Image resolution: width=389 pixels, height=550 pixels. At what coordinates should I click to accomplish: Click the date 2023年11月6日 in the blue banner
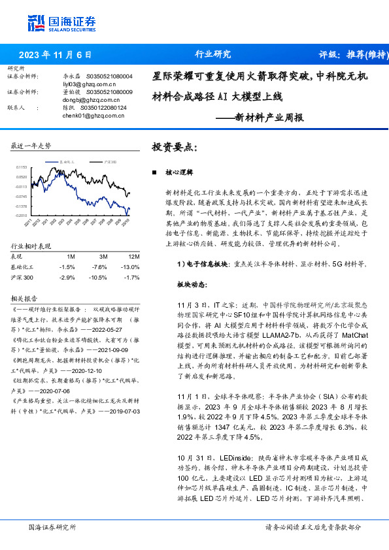(55, 55)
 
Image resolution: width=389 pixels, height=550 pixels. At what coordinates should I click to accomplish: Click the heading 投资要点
(173, 147)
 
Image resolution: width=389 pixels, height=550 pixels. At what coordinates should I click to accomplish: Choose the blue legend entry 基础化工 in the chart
(63, 161)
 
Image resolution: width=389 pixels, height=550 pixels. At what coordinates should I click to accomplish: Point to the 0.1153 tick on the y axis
(22, 168)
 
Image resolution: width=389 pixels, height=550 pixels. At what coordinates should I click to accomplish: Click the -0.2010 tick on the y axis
(22, 215)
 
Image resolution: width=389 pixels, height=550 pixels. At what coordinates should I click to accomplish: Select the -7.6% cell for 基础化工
(99, 267)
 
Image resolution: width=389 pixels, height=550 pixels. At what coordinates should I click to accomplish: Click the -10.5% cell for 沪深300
(99, 278)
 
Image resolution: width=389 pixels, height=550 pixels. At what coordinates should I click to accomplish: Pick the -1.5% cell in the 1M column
(67, 267)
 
